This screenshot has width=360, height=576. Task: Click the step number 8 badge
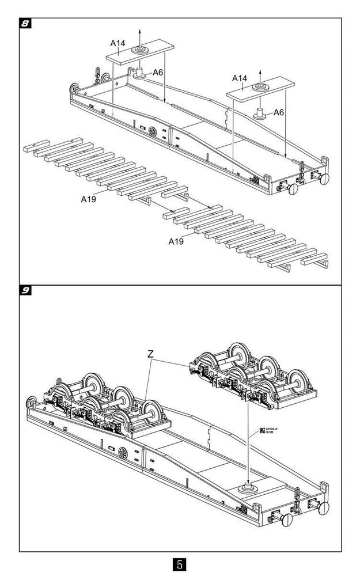pyautogui.click(x=25, y=24)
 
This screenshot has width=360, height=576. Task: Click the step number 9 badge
pyautogui.click(x=25, y=290)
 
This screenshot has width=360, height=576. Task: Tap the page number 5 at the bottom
pyautogui.click(x=180, y=563)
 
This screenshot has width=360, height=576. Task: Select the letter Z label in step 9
pyautogui.click(x=150, y=354)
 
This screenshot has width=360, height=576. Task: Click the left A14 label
pyautogui.click(x=118, y=43)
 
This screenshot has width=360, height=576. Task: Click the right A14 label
pyautogui.click(x=240, y=78)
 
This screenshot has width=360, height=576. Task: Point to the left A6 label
pyautogui.click(x=158, y=73)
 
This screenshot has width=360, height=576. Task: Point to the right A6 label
pyautogui.click(x=279, y=112)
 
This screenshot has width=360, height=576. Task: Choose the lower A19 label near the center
pyautogui.click(x=176, y=241)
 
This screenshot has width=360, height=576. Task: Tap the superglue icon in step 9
pyautogui.click(x=262, y=430)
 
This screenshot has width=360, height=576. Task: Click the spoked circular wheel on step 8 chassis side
pyautogui.click(x=153, y=132)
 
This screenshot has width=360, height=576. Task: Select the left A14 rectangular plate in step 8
pyautogui.click(x=138, y=54)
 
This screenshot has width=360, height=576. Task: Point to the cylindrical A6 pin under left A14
pyautogui.click(x=139, y=74)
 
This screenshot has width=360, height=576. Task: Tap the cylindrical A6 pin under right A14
pyautogui.click(x=260, y=112)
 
